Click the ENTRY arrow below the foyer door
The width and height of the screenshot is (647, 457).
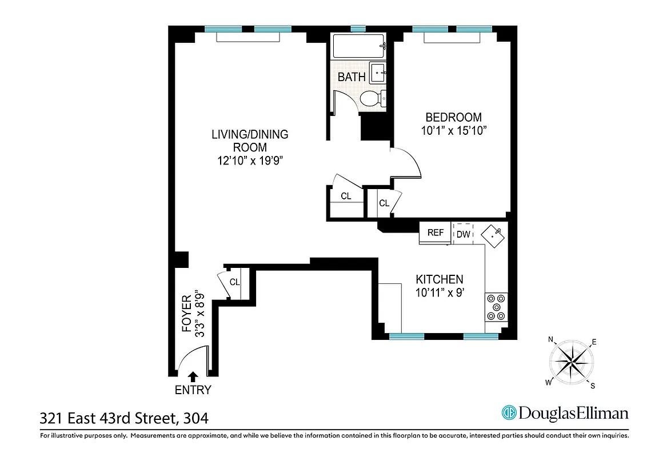tap(193, 376)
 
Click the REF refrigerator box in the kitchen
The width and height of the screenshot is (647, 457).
tap(435, 233)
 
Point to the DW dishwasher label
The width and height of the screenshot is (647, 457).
tap(463, 234)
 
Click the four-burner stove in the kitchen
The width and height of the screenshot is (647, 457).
tap(496, 307)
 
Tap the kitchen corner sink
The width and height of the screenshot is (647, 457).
tap(493, 235)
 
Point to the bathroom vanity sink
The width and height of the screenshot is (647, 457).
tap(378, 73)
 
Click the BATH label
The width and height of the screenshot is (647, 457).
tap(352, 77)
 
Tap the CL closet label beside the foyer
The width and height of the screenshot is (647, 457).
tap(234, 282)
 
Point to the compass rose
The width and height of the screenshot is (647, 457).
tap(572, 361)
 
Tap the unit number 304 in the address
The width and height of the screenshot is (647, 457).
tap(195, 418)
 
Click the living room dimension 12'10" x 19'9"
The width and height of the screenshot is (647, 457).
tap(250, 161)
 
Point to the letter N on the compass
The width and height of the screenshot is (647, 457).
tap(551, 340)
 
